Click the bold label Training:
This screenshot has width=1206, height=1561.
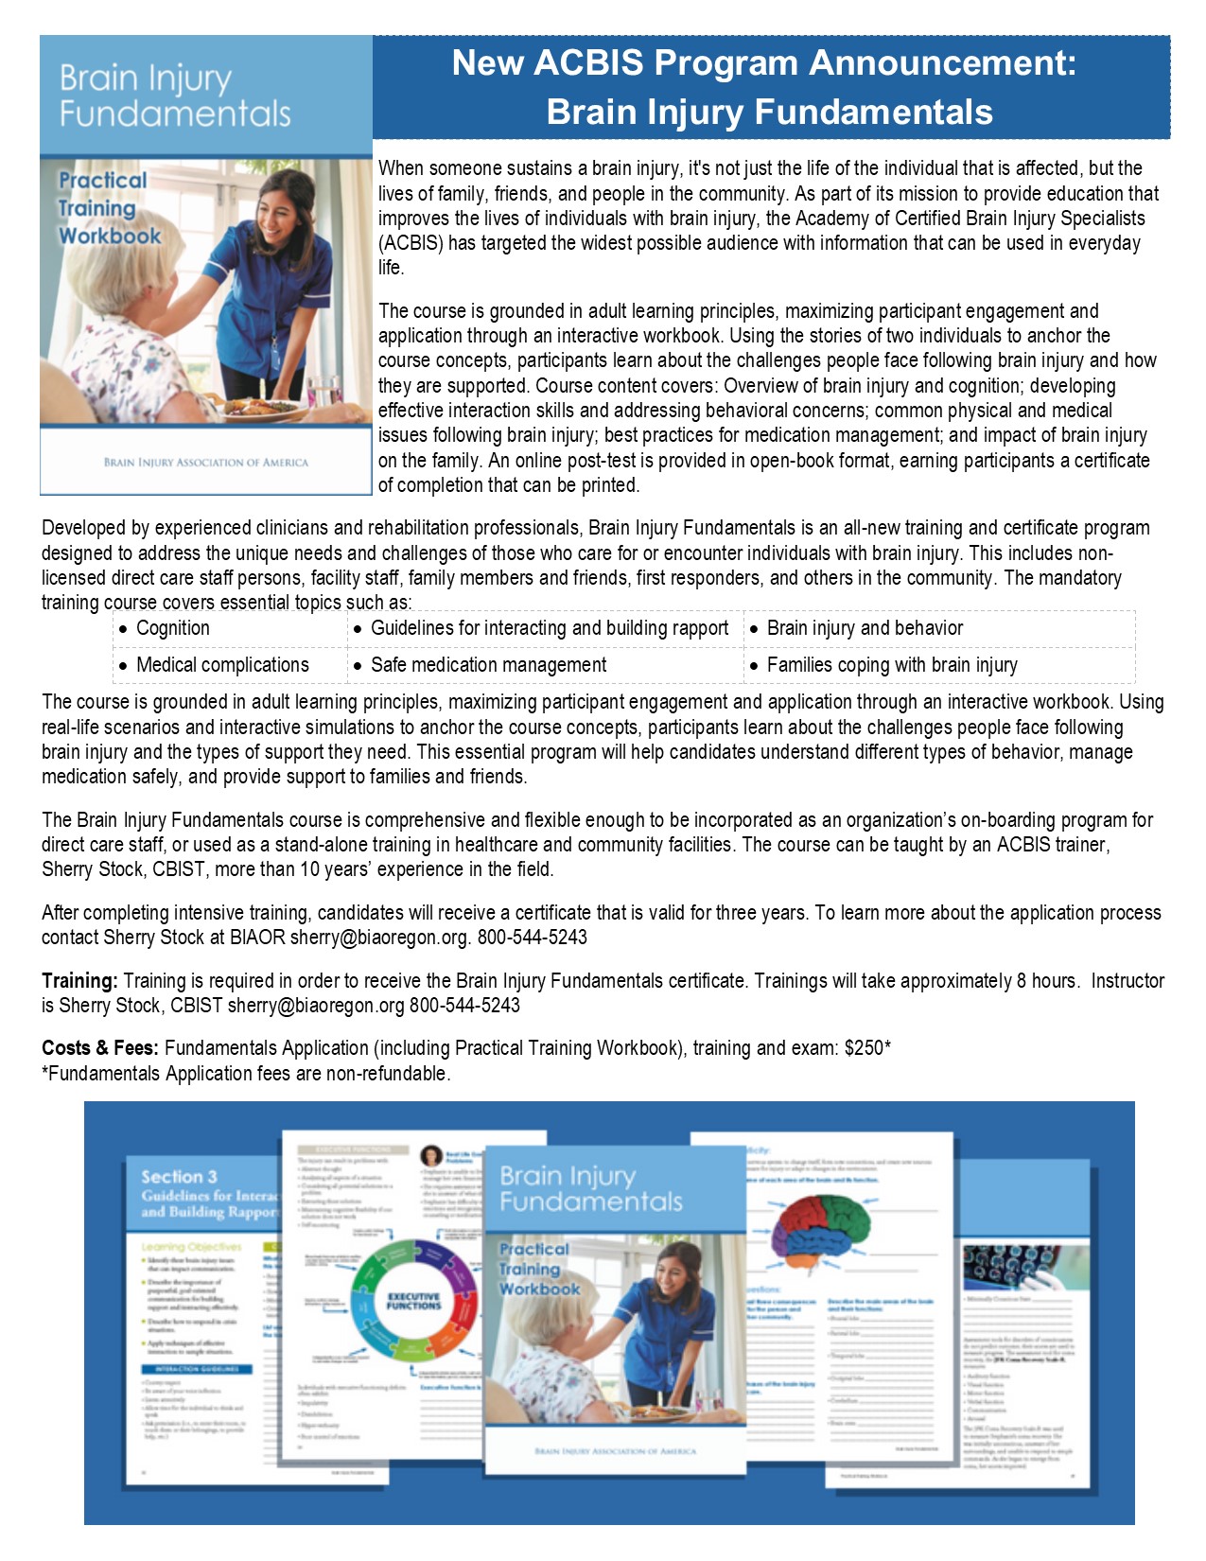coord(79,981)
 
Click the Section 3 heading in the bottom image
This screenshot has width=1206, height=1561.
coord(179,1177)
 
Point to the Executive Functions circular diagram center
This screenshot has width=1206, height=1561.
coord(413,1301)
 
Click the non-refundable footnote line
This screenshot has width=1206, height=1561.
coord(246,1074)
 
